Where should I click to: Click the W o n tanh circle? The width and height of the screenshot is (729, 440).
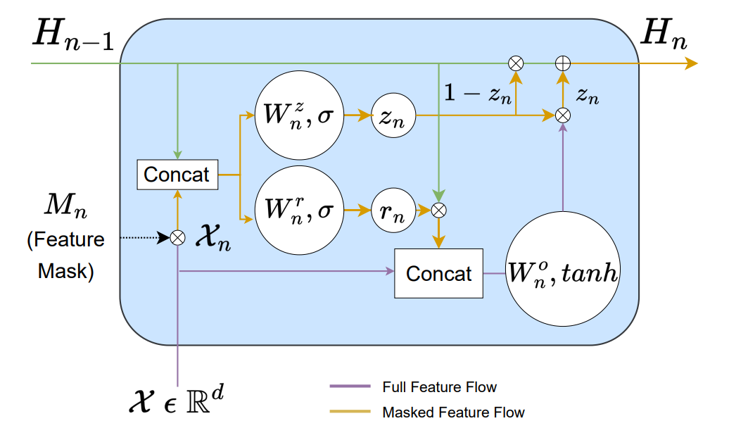click(562, 272)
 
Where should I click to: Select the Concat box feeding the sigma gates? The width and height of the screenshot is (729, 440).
click(177, 174)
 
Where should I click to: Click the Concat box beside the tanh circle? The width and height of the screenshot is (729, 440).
click(438, 272)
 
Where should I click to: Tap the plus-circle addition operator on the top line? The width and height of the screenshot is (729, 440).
click(562, 63)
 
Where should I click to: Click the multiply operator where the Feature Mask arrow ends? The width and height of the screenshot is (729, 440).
click(177, 238)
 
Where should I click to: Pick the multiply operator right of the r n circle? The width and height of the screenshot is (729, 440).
click(438, 209)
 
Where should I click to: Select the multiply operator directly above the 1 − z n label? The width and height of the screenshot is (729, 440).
click(516, 63)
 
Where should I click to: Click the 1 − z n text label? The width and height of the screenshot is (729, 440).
click(477, 93)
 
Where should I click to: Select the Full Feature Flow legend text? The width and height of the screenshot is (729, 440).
click(439, 387)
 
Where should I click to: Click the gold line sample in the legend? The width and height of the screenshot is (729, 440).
click(350, 412)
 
